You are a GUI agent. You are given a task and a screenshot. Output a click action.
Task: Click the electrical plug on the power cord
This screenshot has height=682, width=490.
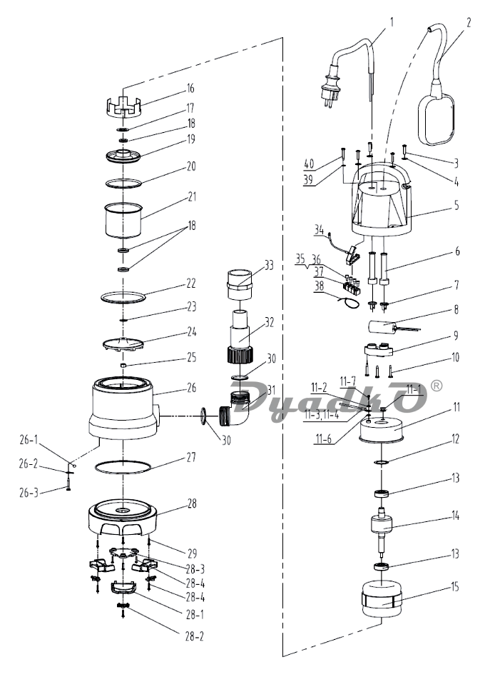click(330, 85)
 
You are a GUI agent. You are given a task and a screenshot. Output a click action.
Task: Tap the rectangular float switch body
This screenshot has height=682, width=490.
click(437, 118)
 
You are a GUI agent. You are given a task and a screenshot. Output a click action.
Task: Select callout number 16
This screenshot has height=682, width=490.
click(190, 89)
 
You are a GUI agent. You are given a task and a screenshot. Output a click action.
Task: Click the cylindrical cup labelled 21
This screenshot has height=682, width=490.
click(124, 220)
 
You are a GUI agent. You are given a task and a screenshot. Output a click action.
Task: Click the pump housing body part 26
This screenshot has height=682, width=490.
click(123, 406)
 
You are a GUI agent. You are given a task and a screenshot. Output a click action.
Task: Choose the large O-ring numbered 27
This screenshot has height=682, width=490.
click(123, 467)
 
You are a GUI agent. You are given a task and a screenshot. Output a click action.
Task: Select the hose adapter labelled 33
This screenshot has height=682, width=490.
click(240, 284)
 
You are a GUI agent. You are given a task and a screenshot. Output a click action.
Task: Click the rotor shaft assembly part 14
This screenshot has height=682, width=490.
click(382, 531)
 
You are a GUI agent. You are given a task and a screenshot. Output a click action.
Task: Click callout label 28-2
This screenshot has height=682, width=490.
click(195, 636)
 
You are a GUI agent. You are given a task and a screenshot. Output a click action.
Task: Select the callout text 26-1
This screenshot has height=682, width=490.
click(29, 440)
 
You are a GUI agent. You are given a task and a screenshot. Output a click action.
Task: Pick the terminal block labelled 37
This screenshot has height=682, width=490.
click(352, 285)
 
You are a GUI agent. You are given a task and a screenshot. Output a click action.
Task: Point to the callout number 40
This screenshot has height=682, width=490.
click(309, 164)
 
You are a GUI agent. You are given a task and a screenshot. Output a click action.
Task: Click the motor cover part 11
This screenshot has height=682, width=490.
click(382, 431)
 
